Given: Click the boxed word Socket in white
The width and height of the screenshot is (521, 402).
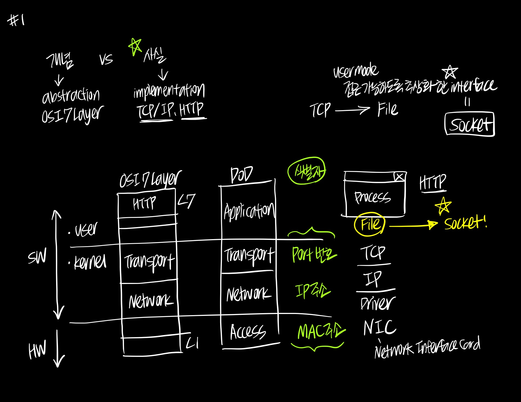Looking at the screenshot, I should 470,124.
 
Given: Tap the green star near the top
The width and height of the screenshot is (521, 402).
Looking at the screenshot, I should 135,46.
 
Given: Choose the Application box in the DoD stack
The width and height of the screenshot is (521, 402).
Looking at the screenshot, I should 249,212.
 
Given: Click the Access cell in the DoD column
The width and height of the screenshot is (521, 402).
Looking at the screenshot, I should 248,332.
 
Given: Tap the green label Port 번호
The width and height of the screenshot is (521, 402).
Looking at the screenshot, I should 314,255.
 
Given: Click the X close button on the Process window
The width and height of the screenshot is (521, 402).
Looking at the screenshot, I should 399,177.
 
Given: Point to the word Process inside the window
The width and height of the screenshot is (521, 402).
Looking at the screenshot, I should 372,197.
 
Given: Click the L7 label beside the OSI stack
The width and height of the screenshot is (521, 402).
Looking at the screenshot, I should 187,201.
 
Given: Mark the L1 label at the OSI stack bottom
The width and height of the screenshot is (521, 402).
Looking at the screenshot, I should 192,343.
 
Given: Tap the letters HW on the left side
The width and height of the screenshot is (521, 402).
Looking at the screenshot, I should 37,350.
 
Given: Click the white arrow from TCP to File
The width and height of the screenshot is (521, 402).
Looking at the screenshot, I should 352,110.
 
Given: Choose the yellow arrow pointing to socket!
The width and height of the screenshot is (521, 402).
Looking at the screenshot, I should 413,225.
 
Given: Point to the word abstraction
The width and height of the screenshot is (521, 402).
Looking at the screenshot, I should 71,96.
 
